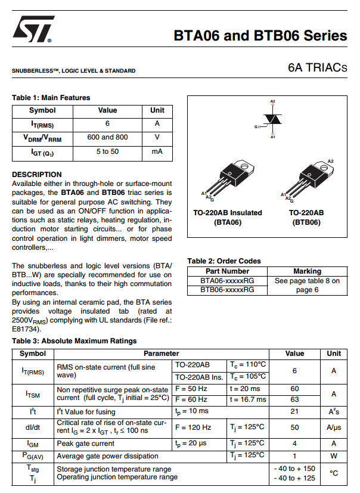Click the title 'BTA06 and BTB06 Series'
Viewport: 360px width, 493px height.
point(260,36)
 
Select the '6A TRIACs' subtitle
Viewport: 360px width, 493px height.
point(316,68)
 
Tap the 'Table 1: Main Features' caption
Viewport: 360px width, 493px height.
point(51,98)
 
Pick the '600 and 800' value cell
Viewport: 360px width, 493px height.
point(107,137)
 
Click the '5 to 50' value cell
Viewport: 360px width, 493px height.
point(107,152)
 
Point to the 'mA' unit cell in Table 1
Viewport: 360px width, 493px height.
point(157,152)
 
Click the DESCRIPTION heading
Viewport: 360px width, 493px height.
point(37,175)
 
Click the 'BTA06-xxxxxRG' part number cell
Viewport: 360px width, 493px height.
point(227,280)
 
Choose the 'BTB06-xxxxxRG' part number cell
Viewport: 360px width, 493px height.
point(227,290)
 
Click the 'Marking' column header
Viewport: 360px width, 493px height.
point(307,271)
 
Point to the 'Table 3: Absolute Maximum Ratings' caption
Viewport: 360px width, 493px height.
point(74,341)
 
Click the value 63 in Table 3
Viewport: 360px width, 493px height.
point(294,399)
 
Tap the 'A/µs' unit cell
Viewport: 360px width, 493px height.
point(334,427)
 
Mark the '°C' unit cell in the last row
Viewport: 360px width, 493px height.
point(334,473)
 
